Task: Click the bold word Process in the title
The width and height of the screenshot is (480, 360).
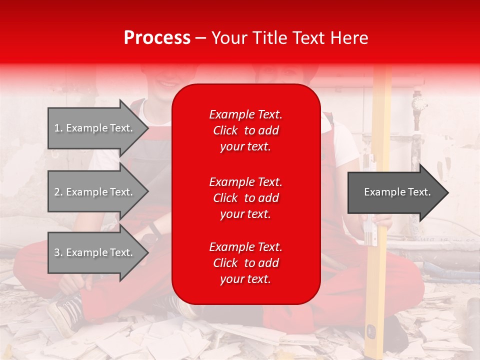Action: pos(157,38)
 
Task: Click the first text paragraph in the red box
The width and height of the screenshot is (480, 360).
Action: pos(245,130)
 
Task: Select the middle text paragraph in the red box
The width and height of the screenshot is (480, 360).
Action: pos(245,198)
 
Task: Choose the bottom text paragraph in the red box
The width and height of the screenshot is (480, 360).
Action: pos(245,263)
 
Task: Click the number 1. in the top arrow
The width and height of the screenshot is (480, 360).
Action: pos(58,128)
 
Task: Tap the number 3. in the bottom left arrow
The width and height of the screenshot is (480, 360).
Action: pos(58,252)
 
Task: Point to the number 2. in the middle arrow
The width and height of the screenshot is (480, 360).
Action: pos(58,192)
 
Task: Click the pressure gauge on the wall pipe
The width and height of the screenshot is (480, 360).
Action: pos(419,104)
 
